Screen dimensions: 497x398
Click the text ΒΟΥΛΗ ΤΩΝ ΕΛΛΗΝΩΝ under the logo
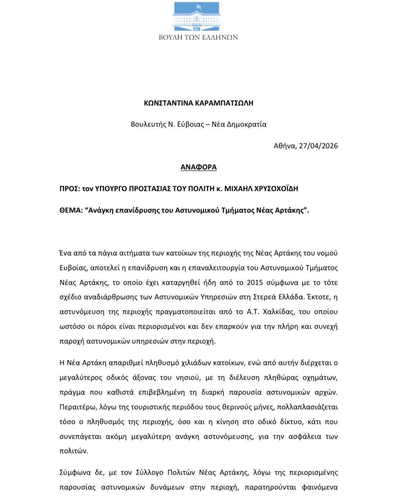point(198,37)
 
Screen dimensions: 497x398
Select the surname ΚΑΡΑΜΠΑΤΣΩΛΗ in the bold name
point(224,103)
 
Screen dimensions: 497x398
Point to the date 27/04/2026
point(318,146)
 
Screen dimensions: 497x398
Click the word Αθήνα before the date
point(285,146)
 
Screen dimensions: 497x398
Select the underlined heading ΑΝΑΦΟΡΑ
point(198,167)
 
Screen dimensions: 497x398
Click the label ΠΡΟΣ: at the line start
point(69,189)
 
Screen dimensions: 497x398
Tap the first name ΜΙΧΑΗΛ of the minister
point(234,189)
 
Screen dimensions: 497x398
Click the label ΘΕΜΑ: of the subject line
point(70,210)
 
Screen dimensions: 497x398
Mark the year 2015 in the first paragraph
point(255,282)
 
